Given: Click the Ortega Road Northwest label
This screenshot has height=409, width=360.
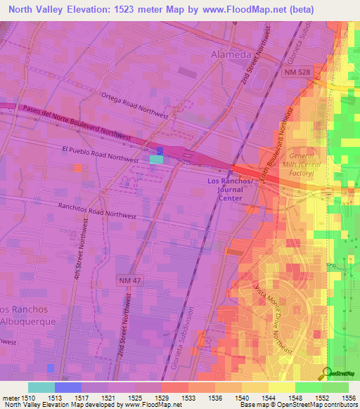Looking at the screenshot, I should [134, 105].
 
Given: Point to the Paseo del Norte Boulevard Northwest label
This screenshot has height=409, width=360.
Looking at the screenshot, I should [77, 122].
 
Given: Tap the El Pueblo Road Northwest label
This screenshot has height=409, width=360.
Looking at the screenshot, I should [99, 155].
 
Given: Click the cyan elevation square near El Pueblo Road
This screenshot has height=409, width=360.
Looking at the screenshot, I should [155, 160].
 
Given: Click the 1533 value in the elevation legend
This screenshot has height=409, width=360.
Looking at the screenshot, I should [188, 397].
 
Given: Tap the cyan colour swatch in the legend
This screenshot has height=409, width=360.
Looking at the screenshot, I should [41, 387].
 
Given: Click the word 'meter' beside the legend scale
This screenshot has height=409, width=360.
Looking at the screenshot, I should [11, 397].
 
